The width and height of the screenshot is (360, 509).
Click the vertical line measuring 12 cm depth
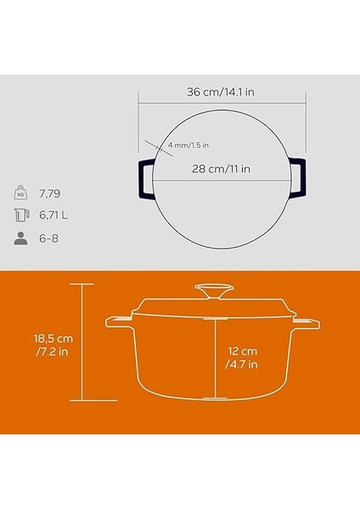[x=216, y=356]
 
